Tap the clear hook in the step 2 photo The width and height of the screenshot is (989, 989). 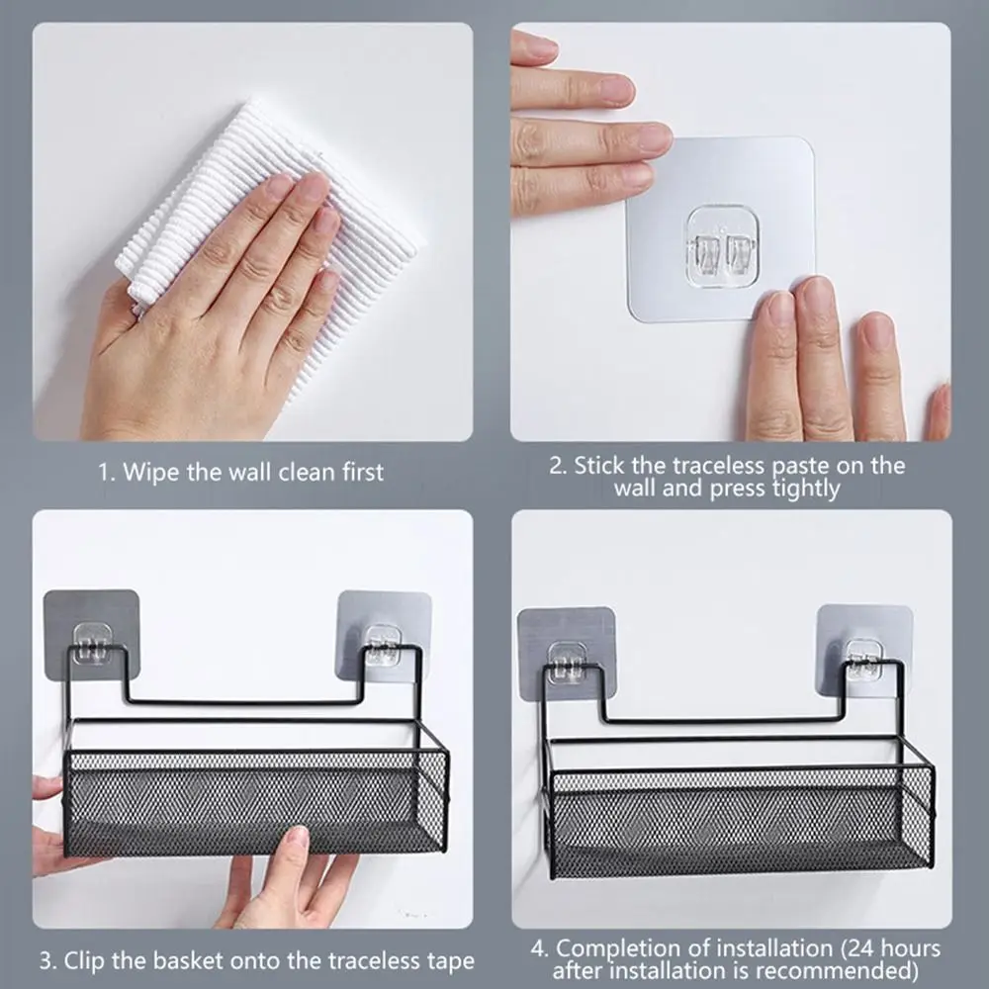tap(720, 240)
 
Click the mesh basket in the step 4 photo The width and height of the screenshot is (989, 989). tap(742, 821)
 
